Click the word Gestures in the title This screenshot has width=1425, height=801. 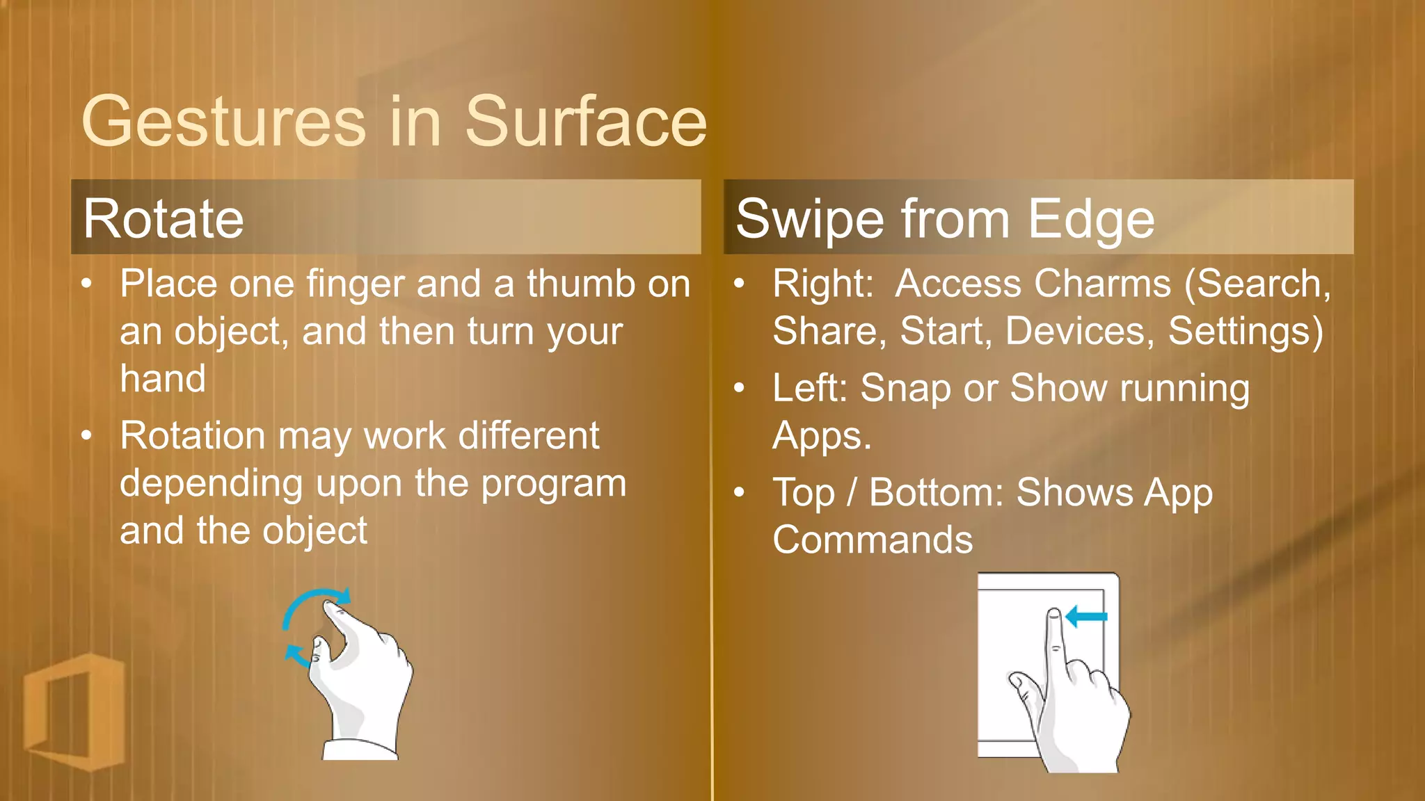pyautogui.click(x=223, y=122)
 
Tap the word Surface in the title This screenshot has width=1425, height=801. pyautogui.click(x=585, y=122)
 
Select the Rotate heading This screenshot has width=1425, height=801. pyautogui.click(x=164, y=219)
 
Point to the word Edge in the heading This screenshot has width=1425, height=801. pyautogui.click(x=1091, y=220)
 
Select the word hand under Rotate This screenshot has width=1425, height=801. pyautogui.click(x=163, y=379)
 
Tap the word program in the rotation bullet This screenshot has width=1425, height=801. pyautogui.click(x=554, y=484)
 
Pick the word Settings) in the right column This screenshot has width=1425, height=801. pyautogui.click(x=1245, y=331)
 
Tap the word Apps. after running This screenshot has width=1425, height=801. pyautogui.click(x=822, y=437)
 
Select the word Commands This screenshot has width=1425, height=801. pyautogui.click(x=873, y=540)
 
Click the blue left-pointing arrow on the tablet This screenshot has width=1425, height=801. pyautogui.click(x=1086, y=616)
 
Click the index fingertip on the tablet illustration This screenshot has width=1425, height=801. pyautogui.click(x=1054, y=615)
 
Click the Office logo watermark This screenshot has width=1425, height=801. pyautogui.click(x=73, y=711)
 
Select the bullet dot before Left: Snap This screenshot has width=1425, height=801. pyautogui.click(x=740, y=388)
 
